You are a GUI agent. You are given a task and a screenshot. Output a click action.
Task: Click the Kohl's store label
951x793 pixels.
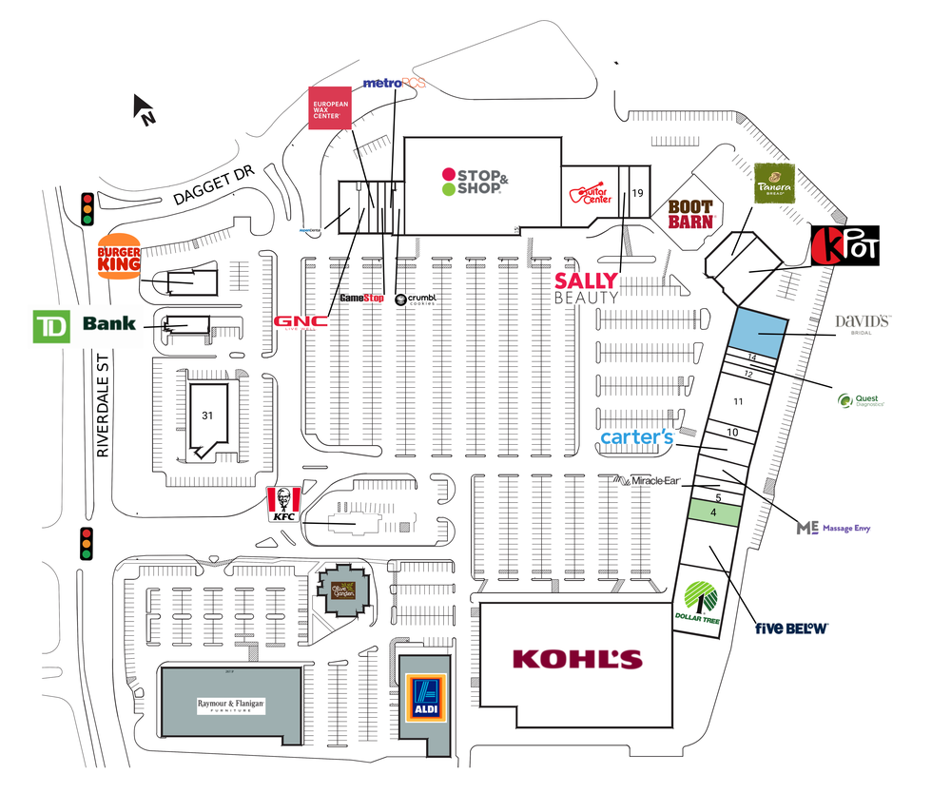(x=577, y=658)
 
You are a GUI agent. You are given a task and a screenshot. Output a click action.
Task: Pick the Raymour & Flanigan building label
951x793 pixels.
(x=230, y=706)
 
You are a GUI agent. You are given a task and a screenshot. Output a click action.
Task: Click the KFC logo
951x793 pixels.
(x=283, y=504)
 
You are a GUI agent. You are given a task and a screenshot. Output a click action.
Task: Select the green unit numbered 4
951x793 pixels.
(x=712, y=513)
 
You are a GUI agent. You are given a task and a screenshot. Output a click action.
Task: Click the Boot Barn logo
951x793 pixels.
(x=690, y=213)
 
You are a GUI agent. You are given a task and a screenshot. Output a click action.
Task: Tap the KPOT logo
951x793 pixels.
(x=845, y=245)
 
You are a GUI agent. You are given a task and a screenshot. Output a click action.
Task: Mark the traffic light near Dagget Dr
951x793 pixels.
(x=87, y=208)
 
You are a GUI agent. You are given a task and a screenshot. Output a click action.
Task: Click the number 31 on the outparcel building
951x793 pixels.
(x=207, y=415)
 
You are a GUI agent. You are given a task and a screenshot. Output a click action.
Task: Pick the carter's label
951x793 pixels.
(x=637, y=437)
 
